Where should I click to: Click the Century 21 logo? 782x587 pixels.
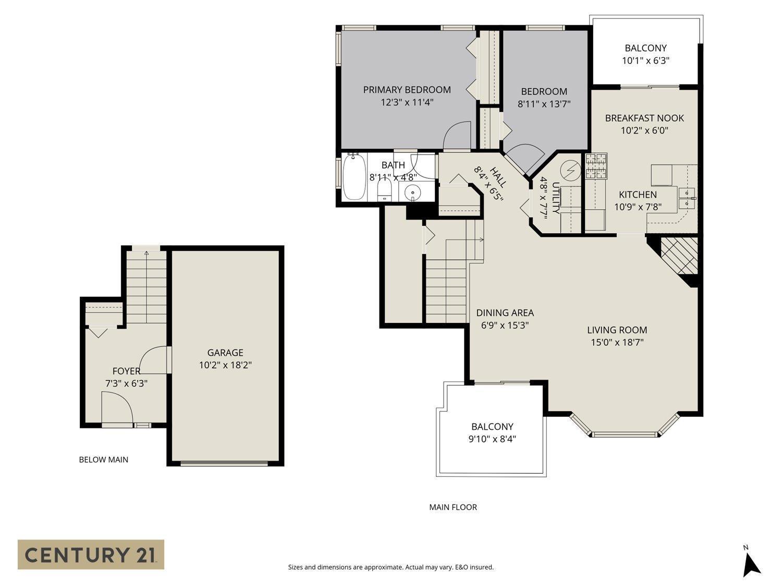click(x=91, y=554)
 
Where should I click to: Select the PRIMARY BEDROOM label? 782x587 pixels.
click(x=407, y=90)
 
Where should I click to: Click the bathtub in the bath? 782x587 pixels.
click(x=355, y=177)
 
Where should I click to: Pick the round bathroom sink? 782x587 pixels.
click(x=413, y=193)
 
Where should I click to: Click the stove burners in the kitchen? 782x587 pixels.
click(x=596, y=166)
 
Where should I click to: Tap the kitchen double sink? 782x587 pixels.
click(x=687, y=199)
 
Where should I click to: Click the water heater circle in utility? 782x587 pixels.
click(x=571, y=170)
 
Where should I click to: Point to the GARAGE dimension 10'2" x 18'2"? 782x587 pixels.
click(x=225, y=365)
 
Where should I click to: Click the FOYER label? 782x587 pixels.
click(x=126, y=371)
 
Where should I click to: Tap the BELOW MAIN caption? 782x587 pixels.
click(x=103, y=460)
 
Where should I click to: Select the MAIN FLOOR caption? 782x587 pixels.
click(x=453, y=507)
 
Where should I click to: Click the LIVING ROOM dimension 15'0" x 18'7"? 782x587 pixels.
click(x=617, y=343)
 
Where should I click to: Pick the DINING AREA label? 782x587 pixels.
click(x=505, y=313)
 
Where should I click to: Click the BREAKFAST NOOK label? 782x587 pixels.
click(x=644, y=118)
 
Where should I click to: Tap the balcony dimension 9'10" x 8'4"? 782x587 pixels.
click(x=492, y=439)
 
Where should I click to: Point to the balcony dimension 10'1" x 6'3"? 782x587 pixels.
click(x=645, y=61)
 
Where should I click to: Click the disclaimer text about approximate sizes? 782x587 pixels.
click(x=390, y=567)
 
